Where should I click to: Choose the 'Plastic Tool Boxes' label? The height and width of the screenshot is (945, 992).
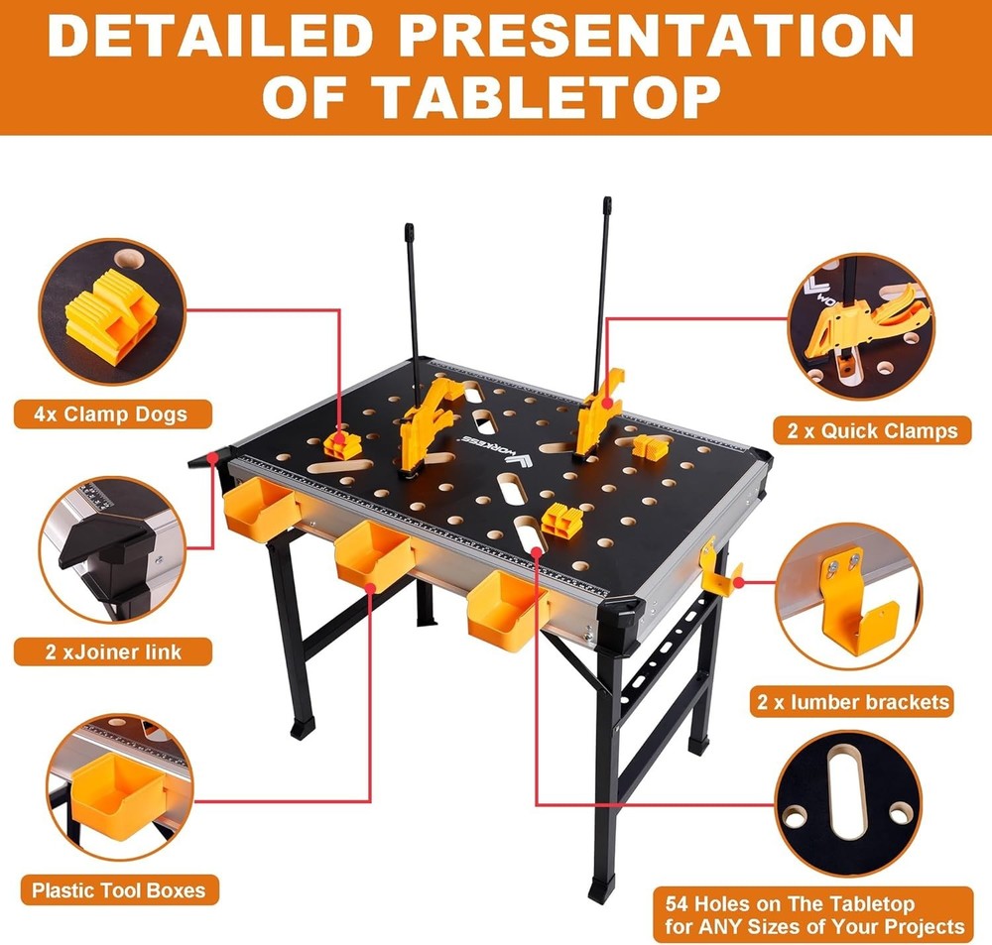[118, 889]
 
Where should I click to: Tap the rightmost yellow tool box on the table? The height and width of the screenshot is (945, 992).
[507, 608]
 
